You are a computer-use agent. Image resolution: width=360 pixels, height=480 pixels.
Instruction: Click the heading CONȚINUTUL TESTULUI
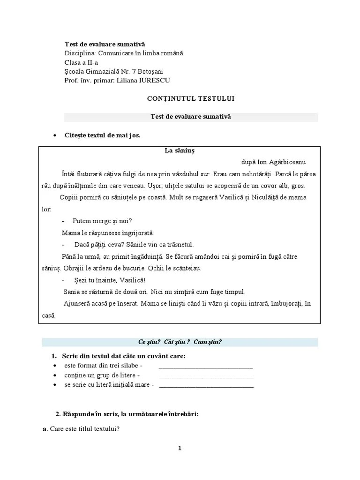pos(191,98)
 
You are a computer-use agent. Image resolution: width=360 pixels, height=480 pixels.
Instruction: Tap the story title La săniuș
pos(179,151)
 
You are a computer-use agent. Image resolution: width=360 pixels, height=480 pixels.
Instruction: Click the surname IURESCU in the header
pos(152,80)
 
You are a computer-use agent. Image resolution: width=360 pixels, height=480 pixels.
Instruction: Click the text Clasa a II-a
pos(82,62)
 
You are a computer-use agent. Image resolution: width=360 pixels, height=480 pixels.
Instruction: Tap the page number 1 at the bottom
pos(180,448)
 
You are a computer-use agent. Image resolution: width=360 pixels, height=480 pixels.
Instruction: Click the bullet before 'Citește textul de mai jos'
pos(55,135)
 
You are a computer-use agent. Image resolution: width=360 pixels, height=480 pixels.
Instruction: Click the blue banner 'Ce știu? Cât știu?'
pos(180,342)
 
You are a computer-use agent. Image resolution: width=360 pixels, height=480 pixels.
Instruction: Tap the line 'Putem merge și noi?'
pos(103,221)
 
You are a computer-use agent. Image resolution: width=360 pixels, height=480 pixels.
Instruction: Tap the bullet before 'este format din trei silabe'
pos(55,366)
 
